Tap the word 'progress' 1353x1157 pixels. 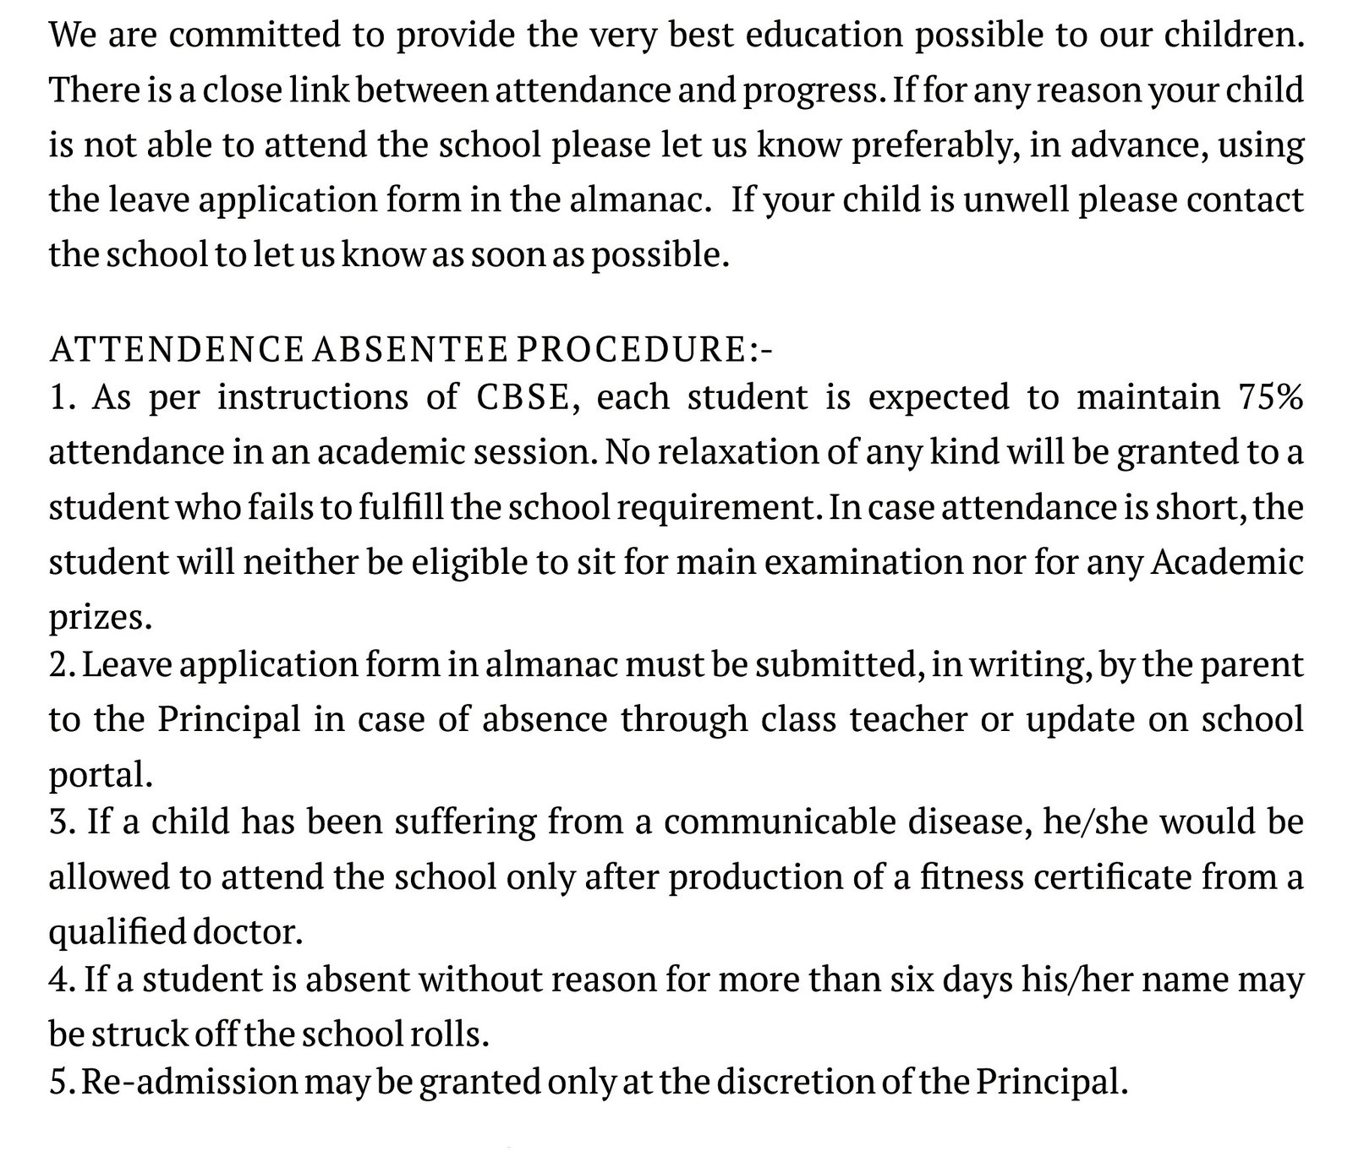click(808, 90)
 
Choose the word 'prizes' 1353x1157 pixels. click(96, 619)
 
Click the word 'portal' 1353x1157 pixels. click(97, 775)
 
